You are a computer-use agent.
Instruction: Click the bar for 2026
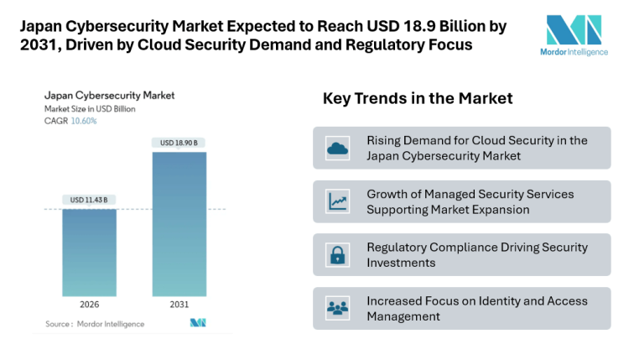[89, 252]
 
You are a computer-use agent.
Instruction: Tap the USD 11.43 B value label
[89, 199]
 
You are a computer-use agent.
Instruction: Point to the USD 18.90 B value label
[179, 143]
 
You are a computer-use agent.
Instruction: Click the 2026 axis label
[89, 305]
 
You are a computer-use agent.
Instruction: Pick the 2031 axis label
[179, 305]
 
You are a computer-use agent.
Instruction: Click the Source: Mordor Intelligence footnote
[94, 324]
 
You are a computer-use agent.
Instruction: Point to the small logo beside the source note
[197, 323]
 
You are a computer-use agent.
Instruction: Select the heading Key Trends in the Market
[418, 99]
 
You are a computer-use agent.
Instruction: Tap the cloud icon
[338, 149]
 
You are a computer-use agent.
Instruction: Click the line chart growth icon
[338, 201]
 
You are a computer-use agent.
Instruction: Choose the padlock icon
[338, 255]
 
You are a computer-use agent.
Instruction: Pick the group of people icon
[338, 309]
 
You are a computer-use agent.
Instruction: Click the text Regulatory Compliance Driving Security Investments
[476, 255]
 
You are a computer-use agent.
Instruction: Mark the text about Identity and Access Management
[476, 309]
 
